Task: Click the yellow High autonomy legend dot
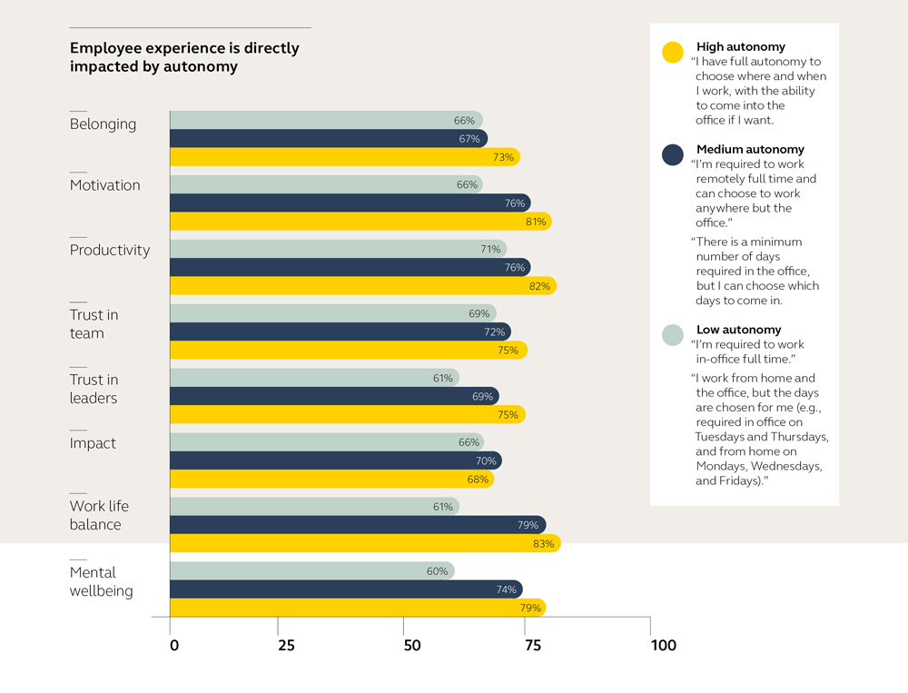(x=673, y=53)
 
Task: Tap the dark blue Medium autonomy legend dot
(x=673, y=155)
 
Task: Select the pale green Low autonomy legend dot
(x=673, y=335)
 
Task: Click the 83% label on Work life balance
(x=544, y=544)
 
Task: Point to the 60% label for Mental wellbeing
(x=438, y=571)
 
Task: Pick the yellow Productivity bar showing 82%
(x=362, y=286)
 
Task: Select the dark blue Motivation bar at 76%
(x=350, y=203)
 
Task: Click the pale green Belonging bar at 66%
(x=326, y=120)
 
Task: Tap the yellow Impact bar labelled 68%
(x=331, y=480)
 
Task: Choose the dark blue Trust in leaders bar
(x=334, y=397)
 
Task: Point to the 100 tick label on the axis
(x=663, y=646)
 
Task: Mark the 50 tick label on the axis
(x=412, y=646)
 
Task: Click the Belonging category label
(x=103, y=124)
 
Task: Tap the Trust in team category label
(x=94, y=324)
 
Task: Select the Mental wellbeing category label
(x=101, y=582)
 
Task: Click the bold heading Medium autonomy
(x=750, y=149)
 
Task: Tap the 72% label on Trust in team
(x=494, y=332)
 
